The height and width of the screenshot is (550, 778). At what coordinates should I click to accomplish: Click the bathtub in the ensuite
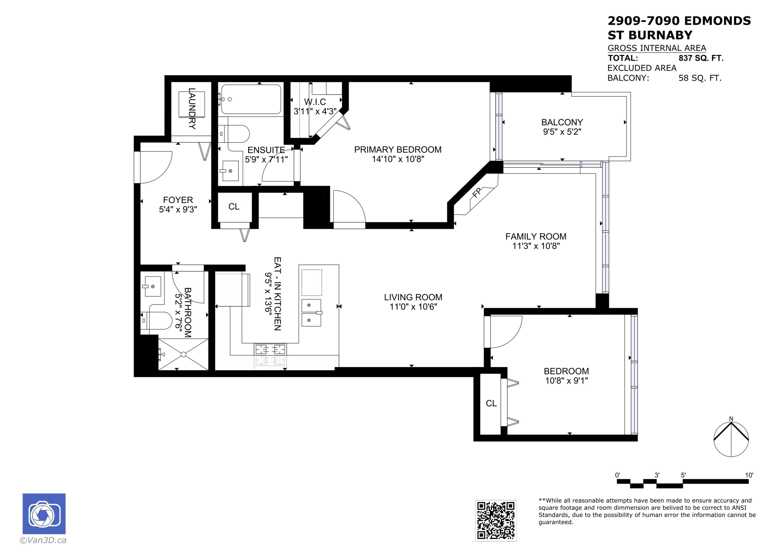pos(251,99)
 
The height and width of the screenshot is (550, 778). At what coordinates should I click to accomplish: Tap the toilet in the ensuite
pos(234,134)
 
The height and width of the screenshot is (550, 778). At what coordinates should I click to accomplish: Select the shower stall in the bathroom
pos(183,354)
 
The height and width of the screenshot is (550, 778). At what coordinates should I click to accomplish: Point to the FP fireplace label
pos(476,193)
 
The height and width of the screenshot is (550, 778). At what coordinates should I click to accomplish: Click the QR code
pos(496,520)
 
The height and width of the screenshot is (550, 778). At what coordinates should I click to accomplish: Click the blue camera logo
pos(44,513)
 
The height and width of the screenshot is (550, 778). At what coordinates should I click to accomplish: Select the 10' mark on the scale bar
pos(749,475)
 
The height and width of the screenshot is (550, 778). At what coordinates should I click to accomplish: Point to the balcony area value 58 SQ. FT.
pos(700,78)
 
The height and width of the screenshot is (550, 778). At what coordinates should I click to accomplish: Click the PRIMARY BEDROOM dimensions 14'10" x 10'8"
pos(398,159)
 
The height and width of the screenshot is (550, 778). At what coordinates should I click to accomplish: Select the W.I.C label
pos(315,102)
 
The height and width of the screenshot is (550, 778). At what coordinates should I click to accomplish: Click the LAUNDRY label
pos(192,108)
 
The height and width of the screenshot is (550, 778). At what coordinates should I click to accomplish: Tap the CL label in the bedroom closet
pos(491,403)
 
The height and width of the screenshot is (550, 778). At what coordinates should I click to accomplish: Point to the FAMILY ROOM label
pos(536,236)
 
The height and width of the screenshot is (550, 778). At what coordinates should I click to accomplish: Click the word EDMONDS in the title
pos(717,21)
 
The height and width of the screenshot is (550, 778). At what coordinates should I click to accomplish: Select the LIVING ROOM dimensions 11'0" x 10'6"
pos(413,307)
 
